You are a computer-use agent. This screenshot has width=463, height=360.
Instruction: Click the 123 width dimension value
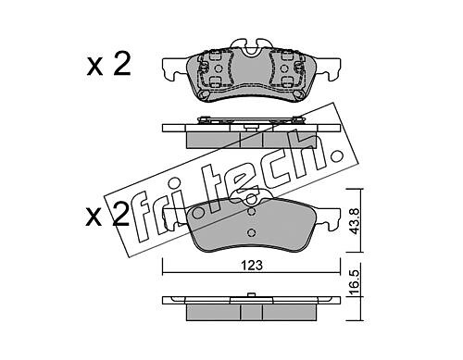tap(252, 266)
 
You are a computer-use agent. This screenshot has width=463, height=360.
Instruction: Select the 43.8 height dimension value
tap(355, 221)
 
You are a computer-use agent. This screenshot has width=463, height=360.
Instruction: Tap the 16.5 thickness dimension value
tap(355, 282)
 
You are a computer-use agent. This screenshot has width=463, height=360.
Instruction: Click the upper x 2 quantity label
tap(108, 64)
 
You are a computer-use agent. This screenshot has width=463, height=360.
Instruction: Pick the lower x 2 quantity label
tap(107, 215)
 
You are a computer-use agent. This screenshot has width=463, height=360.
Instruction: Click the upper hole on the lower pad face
tap(252, 212)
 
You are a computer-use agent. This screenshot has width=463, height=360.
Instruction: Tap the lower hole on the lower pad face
tap(252, 232)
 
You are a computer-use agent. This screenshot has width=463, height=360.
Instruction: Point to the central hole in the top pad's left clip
tap(218, 68)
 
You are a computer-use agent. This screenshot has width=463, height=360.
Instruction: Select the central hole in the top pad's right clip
tap(283, 68)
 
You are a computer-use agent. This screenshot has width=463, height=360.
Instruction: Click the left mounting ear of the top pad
tap(175, 69)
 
